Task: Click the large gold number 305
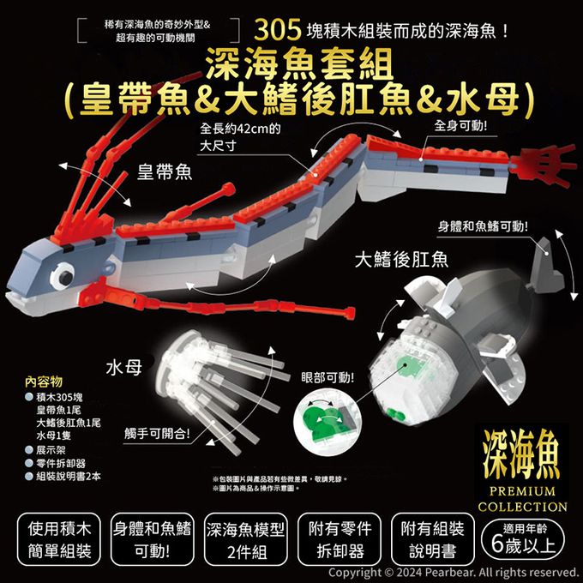(x=278, y=30)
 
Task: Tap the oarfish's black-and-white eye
(x=62, y=276)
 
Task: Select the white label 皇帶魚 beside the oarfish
(x=165, y=172)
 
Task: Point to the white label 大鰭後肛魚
(x=401, y=259)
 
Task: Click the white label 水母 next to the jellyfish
(x=124, y=368)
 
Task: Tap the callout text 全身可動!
(x=460, y=126)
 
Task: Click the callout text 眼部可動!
(x=328, y=378)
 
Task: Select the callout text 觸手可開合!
(x=157, y=434)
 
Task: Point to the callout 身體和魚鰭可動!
(x=483, y=226)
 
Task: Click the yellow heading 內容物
(x=44, y=382)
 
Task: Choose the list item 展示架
(x=51, y=450)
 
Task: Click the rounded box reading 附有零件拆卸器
(x=340, y=539)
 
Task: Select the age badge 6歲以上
(x=523, y=539)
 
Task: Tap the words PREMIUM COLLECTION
(x=522, y=499)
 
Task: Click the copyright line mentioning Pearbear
(x=453, y=573)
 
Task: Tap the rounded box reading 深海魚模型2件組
(x=246, y=539)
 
